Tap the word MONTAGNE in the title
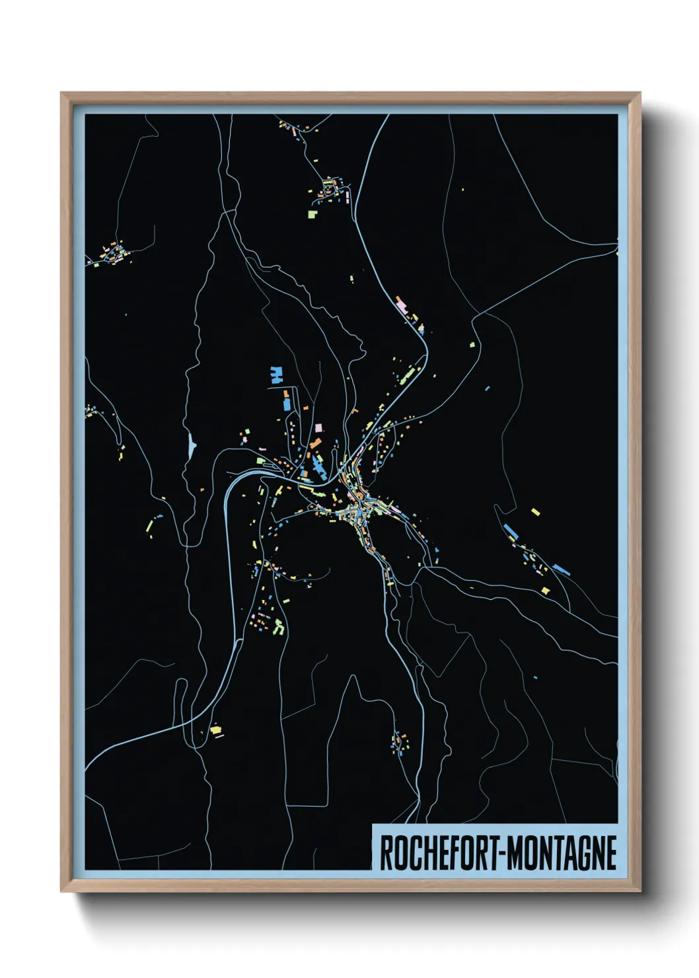coord(563,853)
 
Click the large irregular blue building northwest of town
coord(276,375)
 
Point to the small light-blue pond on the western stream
coord(192,446)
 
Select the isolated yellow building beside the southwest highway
coord(215,730)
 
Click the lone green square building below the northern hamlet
coord(312,213)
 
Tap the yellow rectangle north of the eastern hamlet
coord(535,511)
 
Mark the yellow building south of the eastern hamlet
coord(545,590)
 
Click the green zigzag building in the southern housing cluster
coord(279,626)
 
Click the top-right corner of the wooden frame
coord(639,94)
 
